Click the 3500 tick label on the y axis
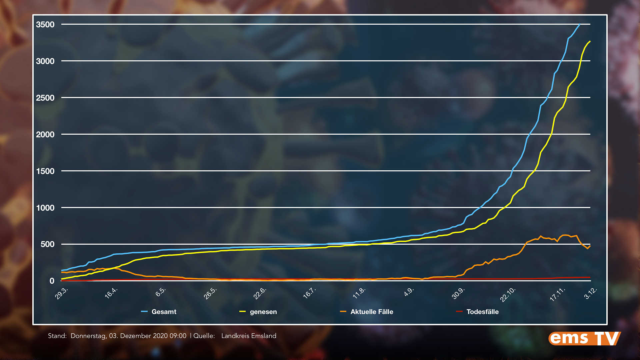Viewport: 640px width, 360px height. (45, 25)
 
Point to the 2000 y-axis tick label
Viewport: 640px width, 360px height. (45, 135)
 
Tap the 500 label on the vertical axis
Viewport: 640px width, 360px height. (47, 244)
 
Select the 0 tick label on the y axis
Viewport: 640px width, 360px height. (52, 281)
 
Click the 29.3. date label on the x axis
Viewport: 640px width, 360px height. (62, 293)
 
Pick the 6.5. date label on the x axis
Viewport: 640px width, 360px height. (161, 292)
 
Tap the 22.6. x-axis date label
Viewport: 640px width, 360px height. (260, 293)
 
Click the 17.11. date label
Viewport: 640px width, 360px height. (557, 295)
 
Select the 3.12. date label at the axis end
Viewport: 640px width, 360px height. (591, 293)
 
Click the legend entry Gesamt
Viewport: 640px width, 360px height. (164, 312)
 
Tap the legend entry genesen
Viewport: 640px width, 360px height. (263, 312)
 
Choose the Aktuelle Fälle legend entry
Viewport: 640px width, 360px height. (372, 312)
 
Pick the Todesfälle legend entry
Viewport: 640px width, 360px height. (482, 312)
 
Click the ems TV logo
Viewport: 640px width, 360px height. (584, 338)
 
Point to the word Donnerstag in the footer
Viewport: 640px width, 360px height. (89, 336)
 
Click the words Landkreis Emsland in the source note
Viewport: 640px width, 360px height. (249, 336)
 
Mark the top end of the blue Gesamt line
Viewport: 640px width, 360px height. (580, 24)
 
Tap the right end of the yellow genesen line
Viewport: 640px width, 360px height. (590, 41)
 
